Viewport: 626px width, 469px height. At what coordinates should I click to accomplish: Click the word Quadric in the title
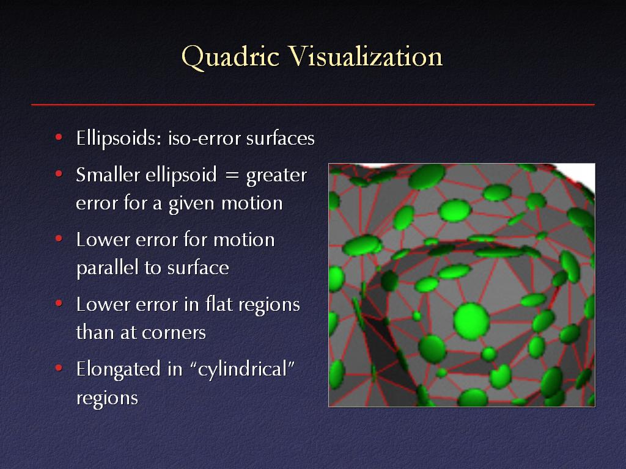[230, 57]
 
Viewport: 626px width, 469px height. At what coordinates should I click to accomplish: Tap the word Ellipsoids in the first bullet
[119, 139]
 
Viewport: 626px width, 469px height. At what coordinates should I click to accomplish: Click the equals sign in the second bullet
[232, 175]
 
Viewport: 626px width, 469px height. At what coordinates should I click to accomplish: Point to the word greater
[277, 176]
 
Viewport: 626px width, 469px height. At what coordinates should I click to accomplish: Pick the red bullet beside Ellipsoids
[59, 137]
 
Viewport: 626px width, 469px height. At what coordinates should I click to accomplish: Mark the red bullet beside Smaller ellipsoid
[59, 174]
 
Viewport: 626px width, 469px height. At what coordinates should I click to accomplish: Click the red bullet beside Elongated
[59, 368]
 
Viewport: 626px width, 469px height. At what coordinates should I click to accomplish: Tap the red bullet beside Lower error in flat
[59, 304]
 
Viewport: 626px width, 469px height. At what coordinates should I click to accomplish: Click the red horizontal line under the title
[313, 105]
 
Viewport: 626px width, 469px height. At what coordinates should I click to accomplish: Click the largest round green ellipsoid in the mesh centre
[471, 321]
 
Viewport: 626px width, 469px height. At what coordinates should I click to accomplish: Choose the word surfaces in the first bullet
[280, 139]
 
